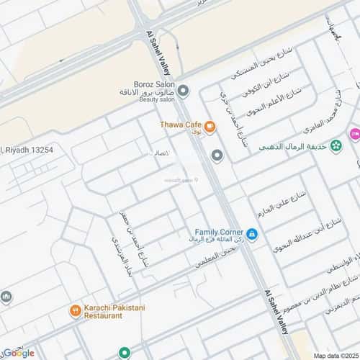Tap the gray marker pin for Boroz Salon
point(184,90)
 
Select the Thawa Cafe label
point(181,125)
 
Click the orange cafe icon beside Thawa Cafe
point(210,128)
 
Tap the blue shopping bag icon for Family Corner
point(251,234)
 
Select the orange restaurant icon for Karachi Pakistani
point(75,311)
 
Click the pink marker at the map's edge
point(354,135)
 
